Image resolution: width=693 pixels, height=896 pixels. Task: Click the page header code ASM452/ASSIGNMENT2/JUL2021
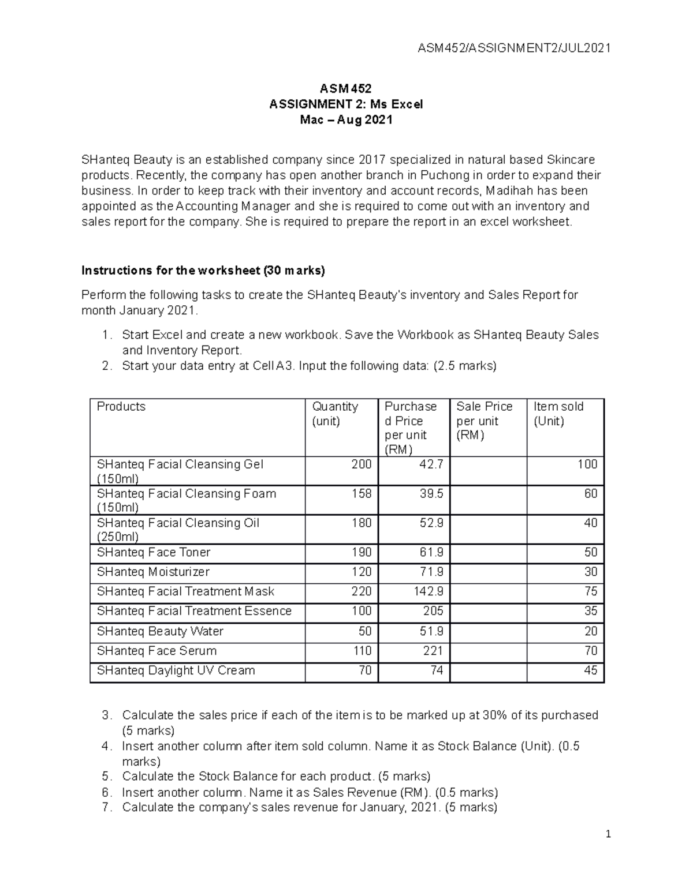pos(513,48)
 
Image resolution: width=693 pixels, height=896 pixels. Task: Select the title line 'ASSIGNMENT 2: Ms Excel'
pos(346,104)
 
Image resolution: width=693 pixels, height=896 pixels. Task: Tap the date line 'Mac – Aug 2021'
pos(346,120)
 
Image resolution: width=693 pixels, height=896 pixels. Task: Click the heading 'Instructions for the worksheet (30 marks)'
pos(203,271)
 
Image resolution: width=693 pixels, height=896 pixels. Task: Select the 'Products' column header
pos(121,407)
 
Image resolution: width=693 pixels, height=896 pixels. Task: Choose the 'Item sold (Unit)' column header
pos(558,414)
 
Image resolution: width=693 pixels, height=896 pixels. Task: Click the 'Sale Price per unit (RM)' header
pos(484,421)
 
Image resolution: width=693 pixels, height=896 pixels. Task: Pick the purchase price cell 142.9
pos(429,592)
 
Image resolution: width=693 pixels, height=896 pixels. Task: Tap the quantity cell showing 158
pos(362,494)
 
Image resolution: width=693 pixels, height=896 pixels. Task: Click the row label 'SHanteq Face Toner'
pos(154,553)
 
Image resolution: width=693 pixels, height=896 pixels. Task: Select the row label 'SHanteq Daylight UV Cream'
pos(176,671)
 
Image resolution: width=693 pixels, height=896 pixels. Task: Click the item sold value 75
pos(590,592)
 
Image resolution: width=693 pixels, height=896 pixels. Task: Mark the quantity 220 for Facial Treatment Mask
pos(362,592)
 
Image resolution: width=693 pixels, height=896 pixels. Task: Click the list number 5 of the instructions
pos(105,777)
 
